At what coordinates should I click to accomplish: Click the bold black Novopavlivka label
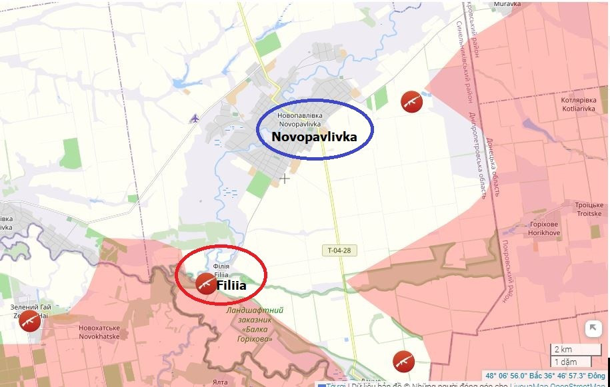[314, 137]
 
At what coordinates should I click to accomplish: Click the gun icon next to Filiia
[206, 283]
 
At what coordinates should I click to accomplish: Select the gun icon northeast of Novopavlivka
[411, 101]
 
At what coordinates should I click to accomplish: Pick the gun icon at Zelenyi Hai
[29, 321]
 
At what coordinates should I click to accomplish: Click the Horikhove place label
[544, 228]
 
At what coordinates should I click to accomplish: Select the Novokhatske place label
[99, 332]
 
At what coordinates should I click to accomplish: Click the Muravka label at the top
[507, 4]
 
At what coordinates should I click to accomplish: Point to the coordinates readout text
[545, 376]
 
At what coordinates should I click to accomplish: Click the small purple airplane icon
[194, 119]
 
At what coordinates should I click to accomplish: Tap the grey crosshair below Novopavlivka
[285, 179]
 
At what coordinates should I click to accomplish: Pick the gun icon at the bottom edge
[403, 361]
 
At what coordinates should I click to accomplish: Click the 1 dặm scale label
[565, 362]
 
